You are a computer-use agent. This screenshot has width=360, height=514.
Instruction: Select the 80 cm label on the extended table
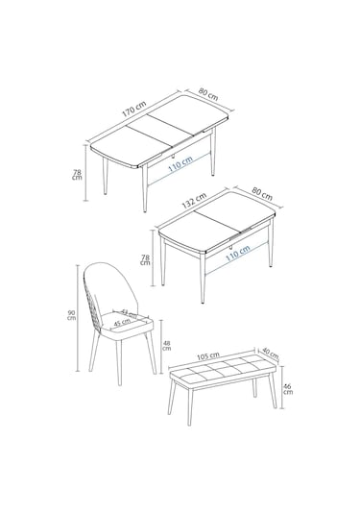[208, 96]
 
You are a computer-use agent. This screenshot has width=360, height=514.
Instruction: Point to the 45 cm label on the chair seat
[122, 323]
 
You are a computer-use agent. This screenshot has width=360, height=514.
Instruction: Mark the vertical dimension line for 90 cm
[83, 317]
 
